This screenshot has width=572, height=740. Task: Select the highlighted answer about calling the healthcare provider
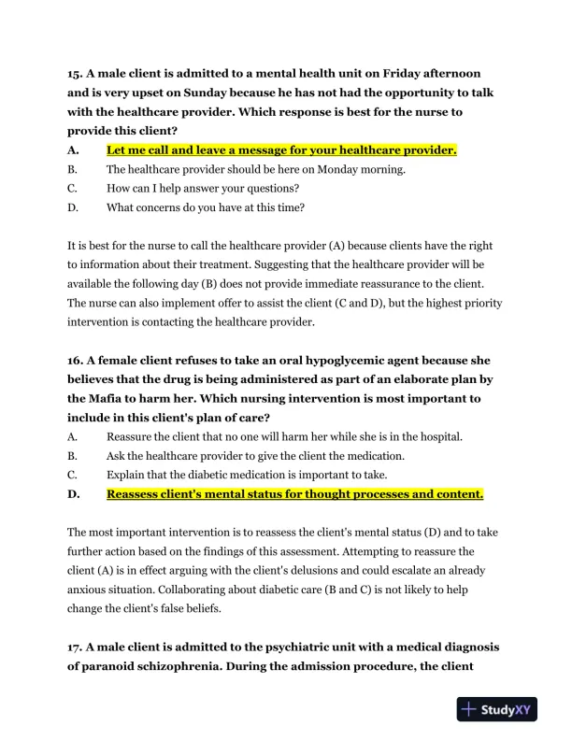tap(281, 149)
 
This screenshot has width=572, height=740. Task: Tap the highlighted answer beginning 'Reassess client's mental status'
tap(294, 493)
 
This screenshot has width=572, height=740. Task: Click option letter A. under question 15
tap(73, 149)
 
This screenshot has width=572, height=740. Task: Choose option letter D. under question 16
tap(73, 493)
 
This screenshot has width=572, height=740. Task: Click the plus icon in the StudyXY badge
tap(470, 710)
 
